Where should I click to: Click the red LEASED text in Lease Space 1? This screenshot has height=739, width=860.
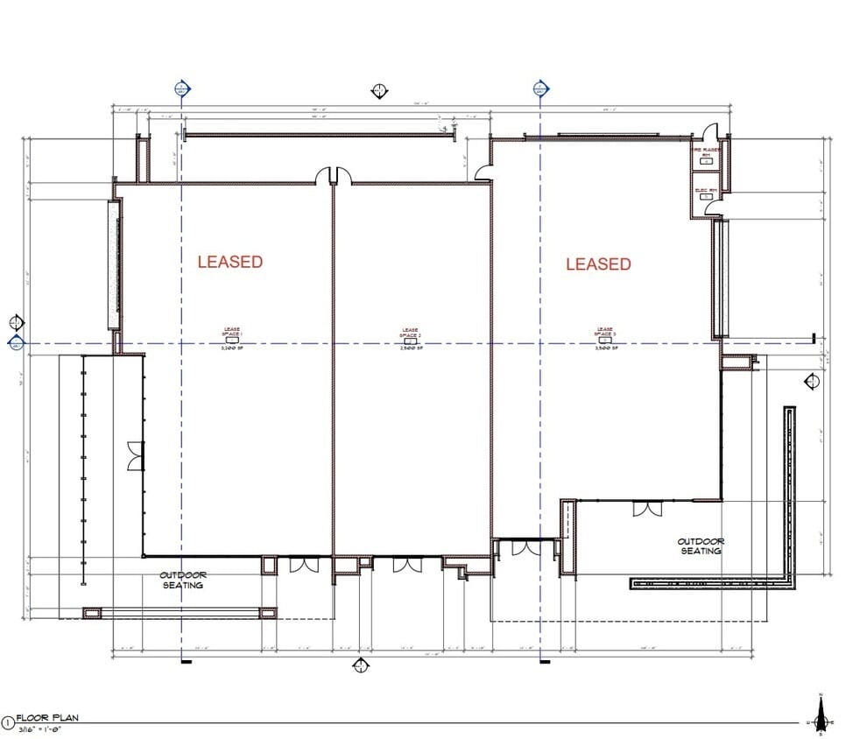(x=229, y=261)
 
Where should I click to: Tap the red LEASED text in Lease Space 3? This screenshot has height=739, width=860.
(x=598, y=264)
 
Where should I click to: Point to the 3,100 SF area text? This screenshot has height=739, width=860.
(x=232, y=348)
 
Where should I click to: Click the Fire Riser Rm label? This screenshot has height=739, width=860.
(x=706, y=153)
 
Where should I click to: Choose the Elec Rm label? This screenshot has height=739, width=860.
(x=706, y=190)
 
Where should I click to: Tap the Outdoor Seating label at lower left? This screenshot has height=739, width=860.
(x=182, y=580)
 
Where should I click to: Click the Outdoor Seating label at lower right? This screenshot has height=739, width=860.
(x=701, y=546)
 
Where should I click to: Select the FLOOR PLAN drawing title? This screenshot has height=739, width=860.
(x=48, y=718)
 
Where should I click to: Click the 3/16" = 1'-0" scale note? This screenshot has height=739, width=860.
(x=43, y=728)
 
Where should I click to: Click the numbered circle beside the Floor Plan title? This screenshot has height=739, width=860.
(x=8, y=722)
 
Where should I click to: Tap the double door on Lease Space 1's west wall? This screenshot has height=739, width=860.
(x=135, y=456)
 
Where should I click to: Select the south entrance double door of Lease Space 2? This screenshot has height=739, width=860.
(x=407, y=565)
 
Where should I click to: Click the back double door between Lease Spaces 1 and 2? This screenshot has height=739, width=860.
(x=334, y=177)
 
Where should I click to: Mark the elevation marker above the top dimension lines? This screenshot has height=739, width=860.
(x=379, y=91)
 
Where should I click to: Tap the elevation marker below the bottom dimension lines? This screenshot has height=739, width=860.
(x=360, y=667)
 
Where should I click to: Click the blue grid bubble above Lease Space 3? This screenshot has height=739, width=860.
(x=540, y=88)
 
